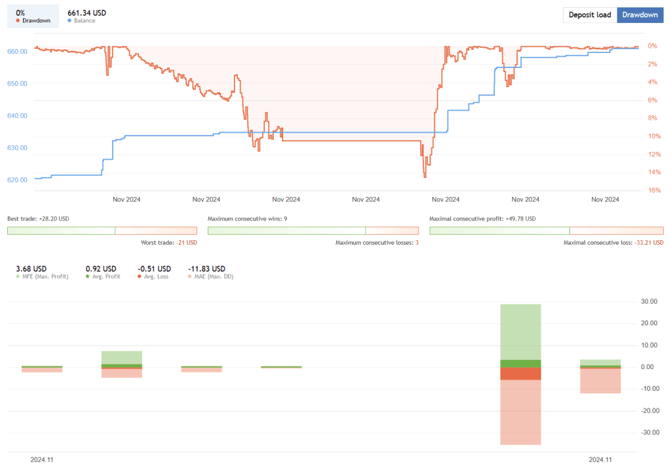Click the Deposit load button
pyautogui.click(x=590, y=15)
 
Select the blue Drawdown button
pyautogui.click(x=640, y=15)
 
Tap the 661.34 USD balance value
pyautogui.click(x=86, y=12)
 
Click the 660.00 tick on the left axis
pyautogui.click(x=17, y=51)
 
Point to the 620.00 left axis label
pyautogui.click(x=17, y=179)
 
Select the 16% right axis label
pyautogui.click(x=652, y=190)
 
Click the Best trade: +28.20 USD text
pyautogui.click(x=38, y=219)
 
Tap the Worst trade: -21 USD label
pyautogui.click(x=168, y=242)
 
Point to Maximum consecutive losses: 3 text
pyautogui.click(x=376, y=242)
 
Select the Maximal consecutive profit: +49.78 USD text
pyautogui.click(x=482, y=219)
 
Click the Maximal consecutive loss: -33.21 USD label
pyautogui.click(x=613, y=242)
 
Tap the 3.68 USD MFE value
pyautogui.click(x=31, y=268)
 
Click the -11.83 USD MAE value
pyautogui.click(x=206, y=268)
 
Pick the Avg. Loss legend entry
pyautogui.click(x=154, y=276)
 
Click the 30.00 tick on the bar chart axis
pyautogui.click(x=649, y=301)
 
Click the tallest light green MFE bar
pyautogui.click(x=521, y=331)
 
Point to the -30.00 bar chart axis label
pyautogui.click(x=648, y=433)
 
